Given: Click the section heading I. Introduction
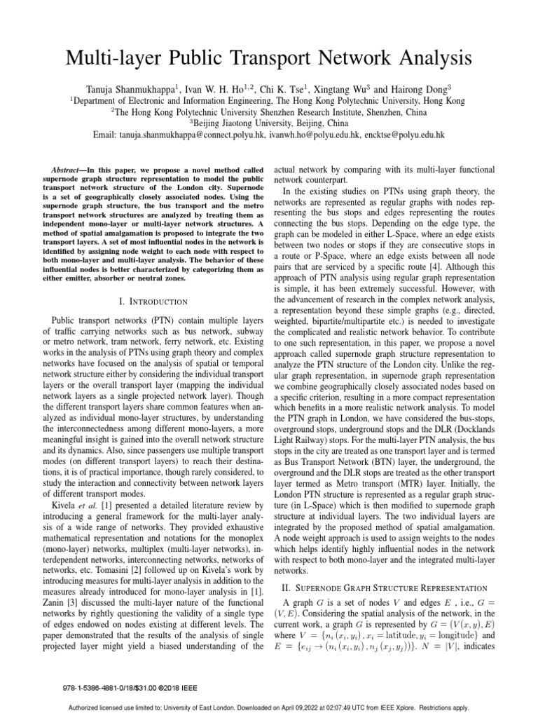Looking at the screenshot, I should (x=153, y=302).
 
